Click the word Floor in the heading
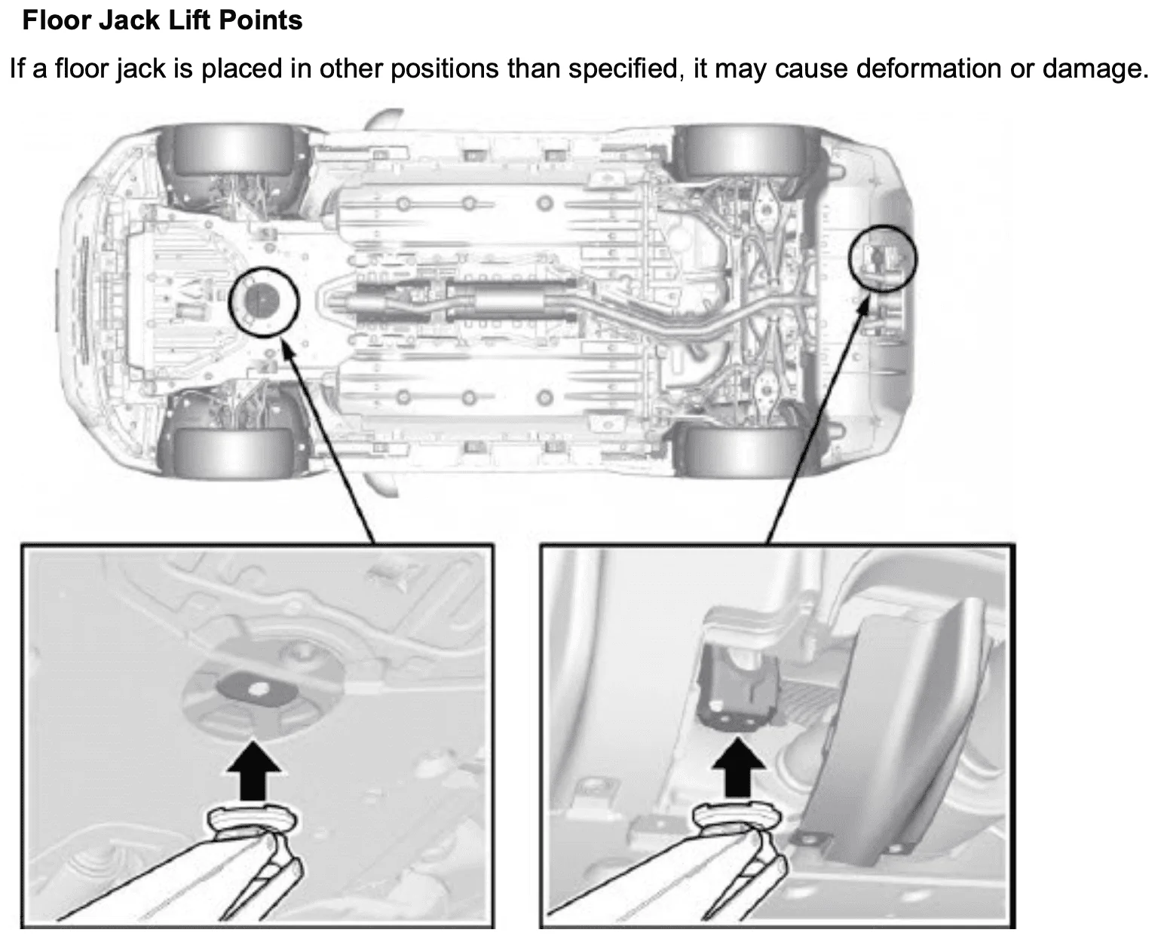54,20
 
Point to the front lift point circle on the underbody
264,301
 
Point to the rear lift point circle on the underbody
883,258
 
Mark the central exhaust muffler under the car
513,301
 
